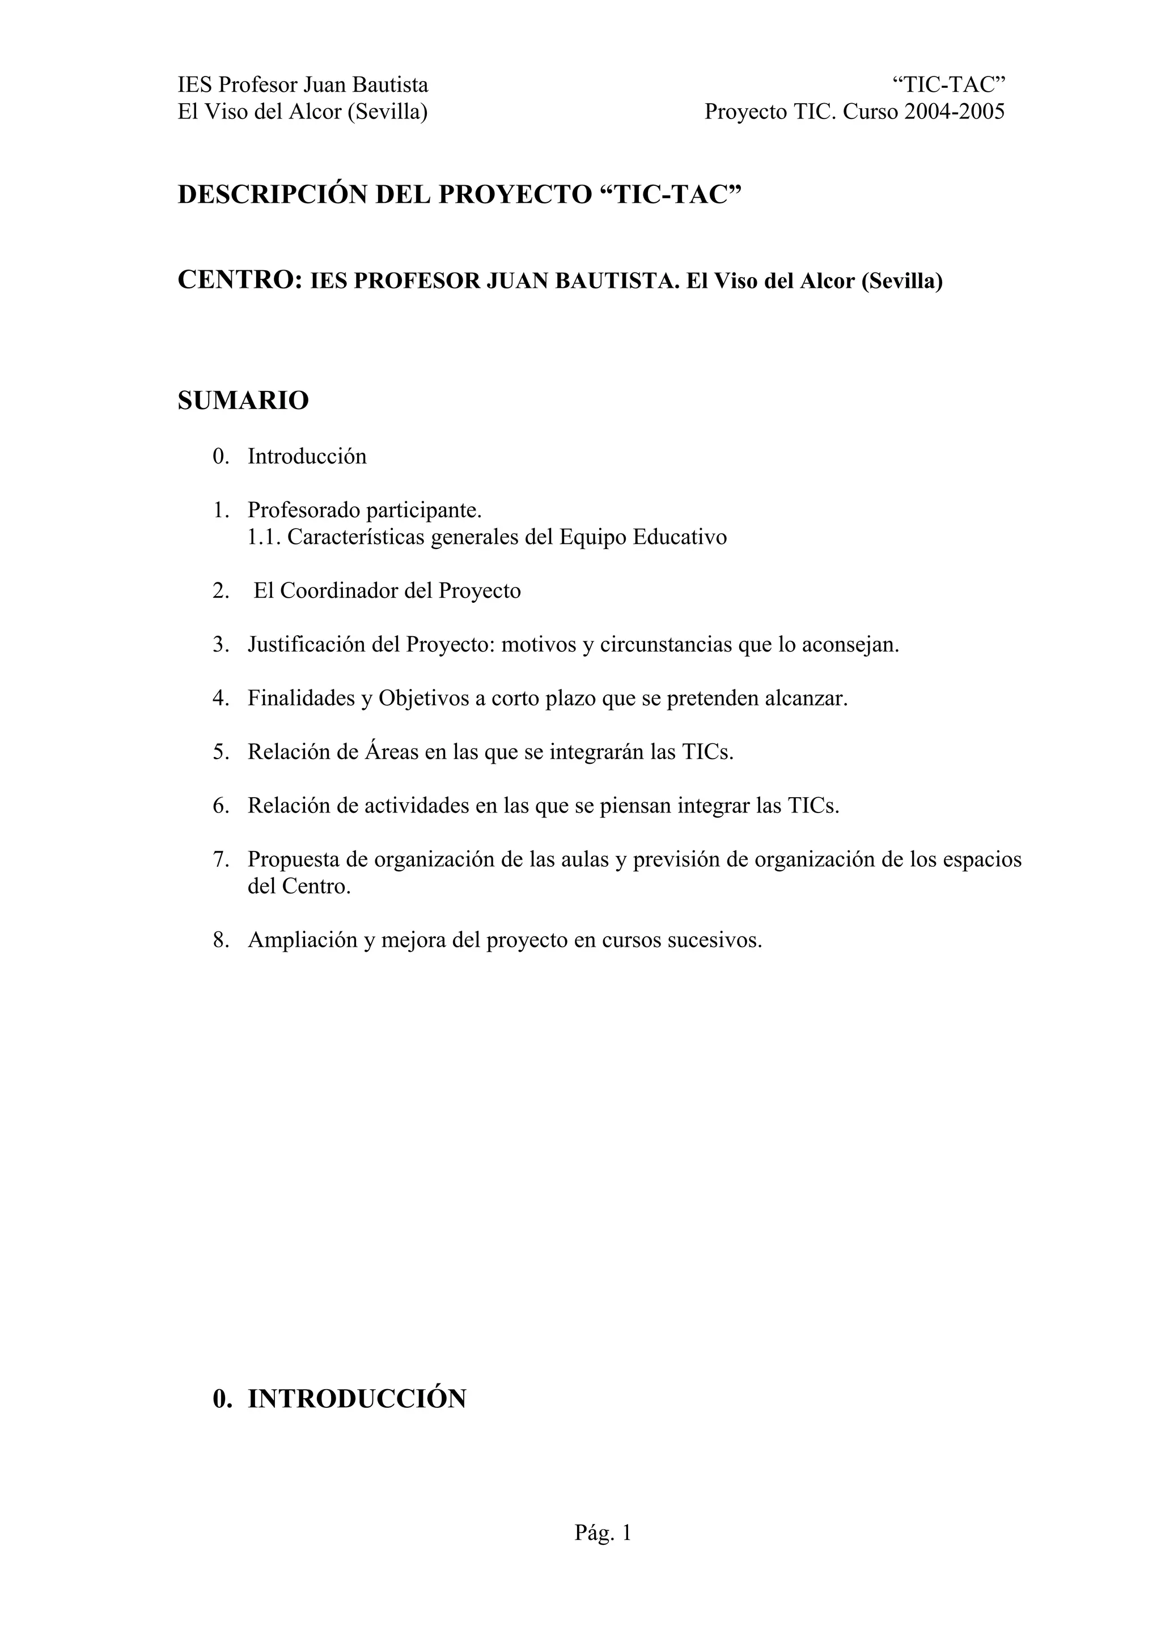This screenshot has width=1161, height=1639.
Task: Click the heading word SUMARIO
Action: coord(243,401)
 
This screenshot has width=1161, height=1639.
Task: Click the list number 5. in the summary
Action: coord(220,752)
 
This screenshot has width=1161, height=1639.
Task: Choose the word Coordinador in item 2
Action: coord(339,591)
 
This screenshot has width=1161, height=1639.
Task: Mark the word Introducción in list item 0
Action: coord(307,457)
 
